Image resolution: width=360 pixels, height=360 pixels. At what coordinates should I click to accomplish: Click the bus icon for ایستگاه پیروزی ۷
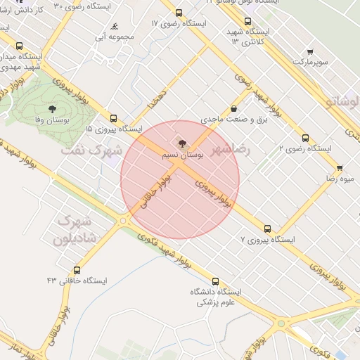(267, 229)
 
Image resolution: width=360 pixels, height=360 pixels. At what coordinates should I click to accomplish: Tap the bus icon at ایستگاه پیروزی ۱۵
(113, 118)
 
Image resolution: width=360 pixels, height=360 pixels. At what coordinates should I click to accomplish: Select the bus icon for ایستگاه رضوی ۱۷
(179, 13)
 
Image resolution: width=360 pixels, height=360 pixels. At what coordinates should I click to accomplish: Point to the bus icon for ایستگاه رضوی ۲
(305, 138)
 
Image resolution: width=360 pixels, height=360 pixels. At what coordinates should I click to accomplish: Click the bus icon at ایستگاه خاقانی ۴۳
(77, 270)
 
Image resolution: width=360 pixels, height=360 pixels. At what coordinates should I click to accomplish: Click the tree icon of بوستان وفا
(52, 109)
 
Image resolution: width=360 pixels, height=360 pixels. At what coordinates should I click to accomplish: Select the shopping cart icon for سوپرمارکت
(311, 52)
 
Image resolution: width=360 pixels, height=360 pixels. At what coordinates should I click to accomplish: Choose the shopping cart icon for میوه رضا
(340, 168)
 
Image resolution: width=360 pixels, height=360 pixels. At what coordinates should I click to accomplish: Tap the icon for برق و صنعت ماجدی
(233, 110)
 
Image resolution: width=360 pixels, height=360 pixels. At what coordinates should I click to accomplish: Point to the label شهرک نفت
(91, 150)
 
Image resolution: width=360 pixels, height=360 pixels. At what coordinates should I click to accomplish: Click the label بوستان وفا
(52, 121)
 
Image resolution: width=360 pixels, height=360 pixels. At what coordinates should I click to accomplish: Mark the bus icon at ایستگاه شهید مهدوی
(18, 46)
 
